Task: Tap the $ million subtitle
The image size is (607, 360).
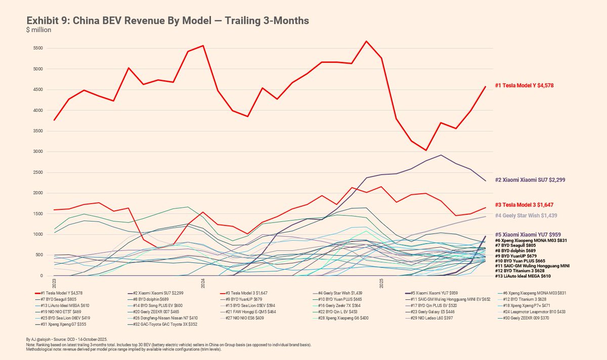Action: pos(38,30)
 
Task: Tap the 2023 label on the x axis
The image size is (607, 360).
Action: pos(54,282)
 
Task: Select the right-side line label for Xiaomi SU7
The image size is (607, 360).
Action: pos(530,179)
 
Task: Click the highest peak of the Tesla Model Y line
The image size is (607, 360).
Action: pos(366,41)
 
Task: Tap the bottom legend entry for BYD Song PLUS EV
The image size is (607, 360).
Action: pos(162,306)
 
